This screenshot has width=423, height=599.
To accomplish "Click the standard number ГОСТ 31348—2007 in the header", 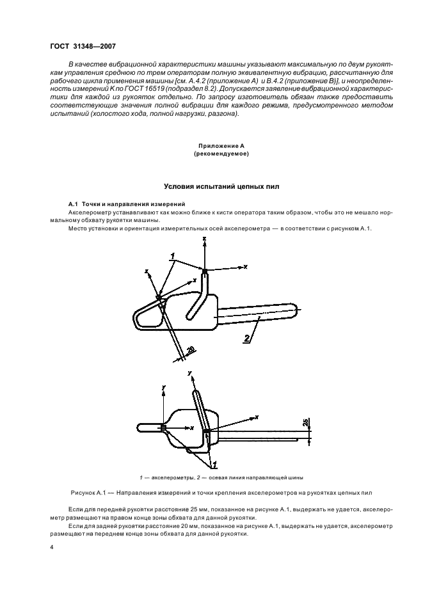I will click(x=83, y=45).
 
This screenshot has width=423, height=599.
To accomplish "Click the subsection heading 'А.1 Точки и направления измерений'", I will click(x=118, y=202).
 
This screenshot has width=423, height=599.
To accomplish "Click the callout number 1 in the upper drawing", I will click(x=172, y=257).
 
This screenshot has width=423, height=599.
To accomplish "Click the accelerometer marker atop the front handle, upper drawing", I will click(x=205, y=272).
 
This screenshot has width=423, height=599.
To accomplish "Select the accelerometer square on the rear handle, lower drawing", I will click(x=164, y=427).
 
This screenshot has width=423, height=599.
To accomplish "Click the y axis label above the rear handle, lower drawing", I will click(x=164, y=387).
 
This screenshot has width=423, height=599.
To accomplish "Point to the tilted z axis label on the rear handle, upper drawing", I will click(x=147, y=271).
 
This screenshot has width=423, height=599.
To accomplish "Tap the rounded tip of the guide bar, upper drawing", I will click(x=296, y=314).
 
